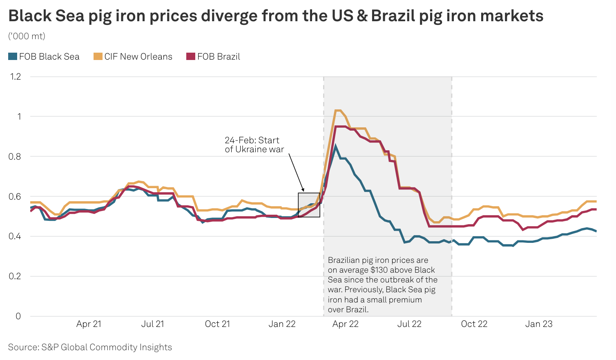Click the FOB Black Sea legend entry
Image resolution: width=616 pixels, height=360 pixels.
(44, 57)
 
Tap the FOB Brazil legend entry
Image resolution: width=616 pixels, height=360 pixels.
(213, 57)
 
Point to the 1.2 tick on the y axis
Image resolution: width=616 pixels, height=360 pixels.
(15, 77)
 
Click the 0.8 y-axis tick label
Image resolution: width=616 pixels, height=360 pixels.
(15, 156)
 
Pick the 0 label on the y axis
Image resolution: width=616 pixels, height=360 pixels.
(18, 316)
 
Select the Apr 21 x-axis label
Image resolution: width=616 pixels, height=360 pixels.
(89, 324)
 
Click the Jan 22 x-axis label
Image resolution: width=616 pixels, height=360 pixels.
(282, 324)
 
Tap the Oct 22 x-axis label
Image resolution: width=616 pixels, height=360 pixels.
(474, 324)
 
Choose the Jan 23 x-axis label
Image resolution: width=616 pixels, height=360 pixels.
(539, 324)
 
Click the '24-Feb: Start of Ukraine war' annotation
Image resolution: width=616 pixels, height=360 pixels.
(254, 145)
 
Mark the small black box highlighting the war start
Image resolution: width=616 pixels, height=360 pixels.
(309, 205)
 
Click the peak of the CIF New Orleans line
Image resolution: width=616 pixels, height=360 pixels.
(338, 110)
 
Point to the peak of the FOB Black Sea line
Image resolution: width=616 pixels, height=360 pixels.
(335, 145)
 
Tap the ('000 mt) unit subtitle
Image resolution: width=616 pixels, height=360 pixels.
(27, 36)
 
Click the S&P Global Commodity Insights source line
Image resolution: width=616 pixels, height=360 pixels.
(90, 347)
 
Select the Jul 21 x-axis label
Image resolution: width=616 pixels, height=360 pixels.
(153, 324)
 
